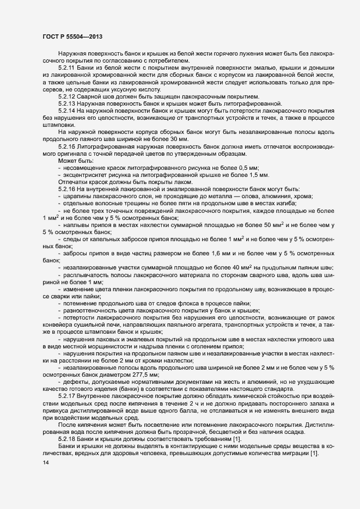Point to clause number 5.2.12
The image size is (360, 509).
point(67,96)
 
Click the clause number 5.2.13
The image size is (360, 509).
point(67,103)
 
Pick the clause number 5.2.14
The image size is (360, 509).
point(67,111)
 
